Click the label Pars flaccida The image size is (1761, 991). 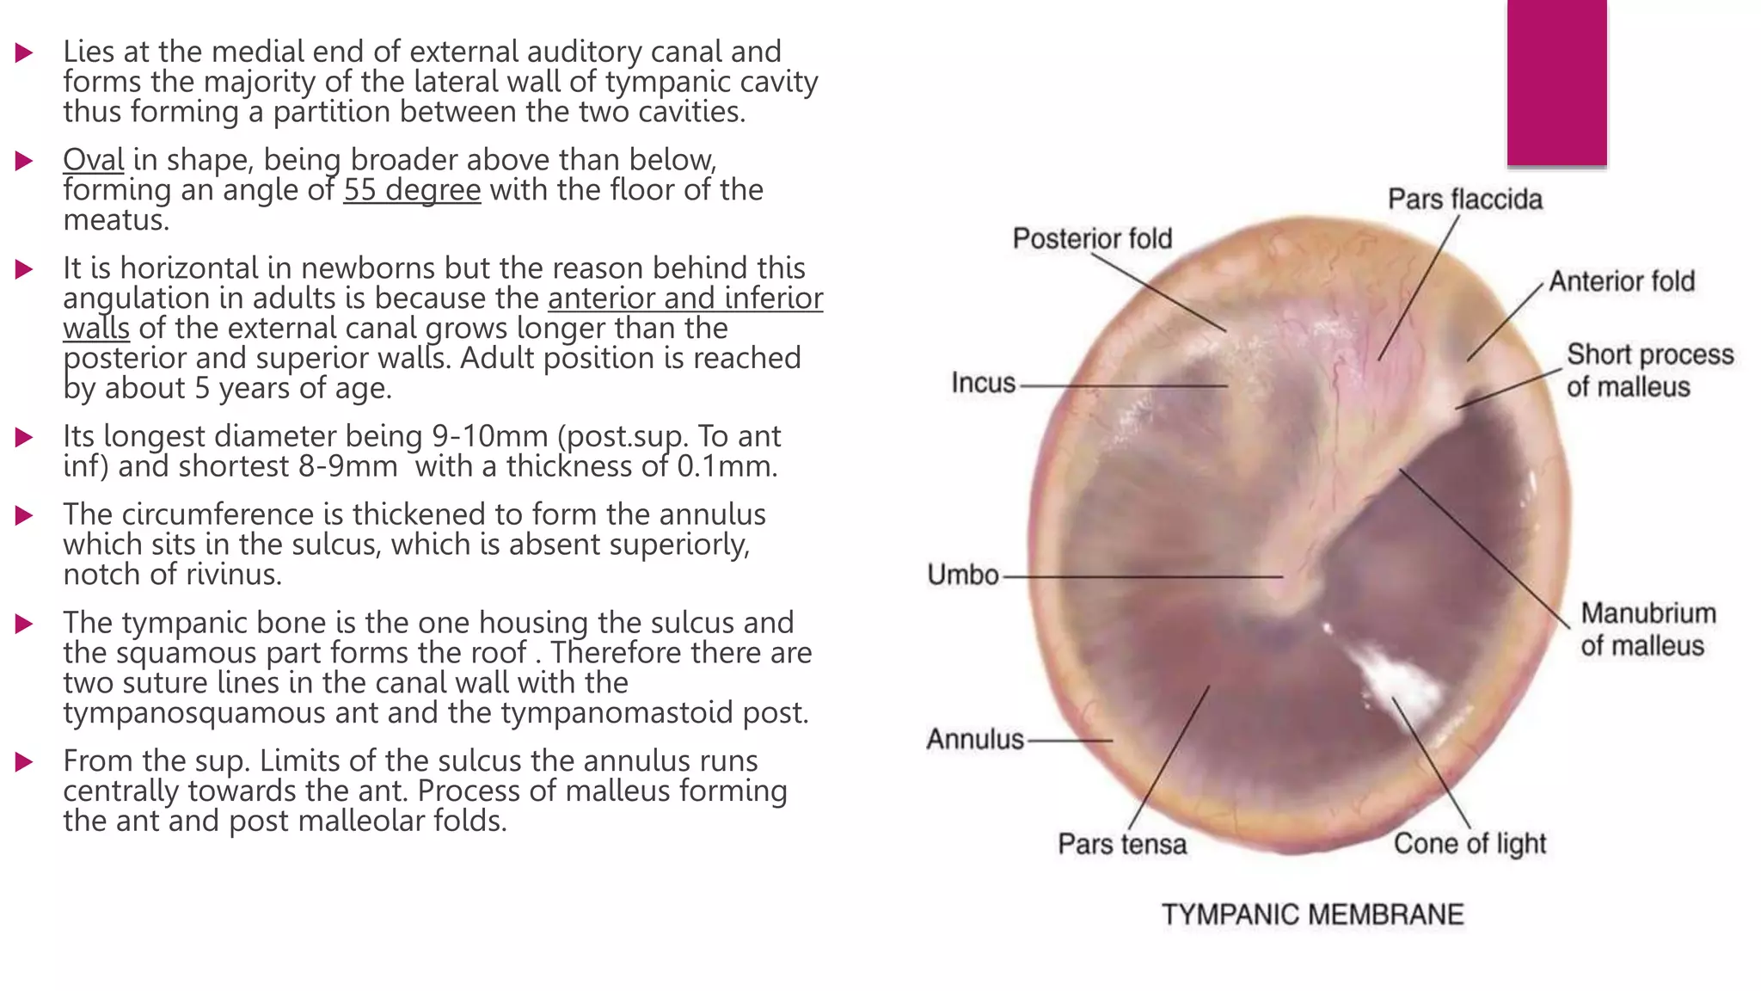(x=1464, y=200)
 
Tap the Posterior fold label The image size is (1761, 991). (x=1092, y=238)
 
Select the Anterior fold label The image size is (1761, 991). (x=1622, y=281)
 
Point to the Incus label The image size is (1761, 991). (x=983, y=383)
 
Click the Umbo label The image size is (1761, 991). (x=962, y=575)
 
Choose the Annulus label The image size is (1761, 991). (x=974, y=739)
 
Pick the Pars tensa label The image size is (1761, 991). (x=1121, y=844)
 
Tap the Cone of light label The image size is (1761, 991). (x=1470, y=844)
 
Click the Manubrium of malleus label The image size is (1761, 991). (x=1647, y=629)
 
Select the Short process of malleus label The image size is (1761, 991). (x=1649, y=371)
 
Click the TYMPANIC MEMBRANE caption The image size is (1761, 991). (x=1312, y=914)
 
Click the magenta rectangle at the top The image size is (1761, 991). (x=1556, y=82)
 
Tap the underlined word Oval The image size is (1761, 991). (x=93, y=160)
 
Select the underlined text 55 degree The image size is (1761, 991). (x=412, y=190)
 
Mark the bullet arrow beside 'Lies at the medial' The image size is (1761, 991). (x=24, y=53)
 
